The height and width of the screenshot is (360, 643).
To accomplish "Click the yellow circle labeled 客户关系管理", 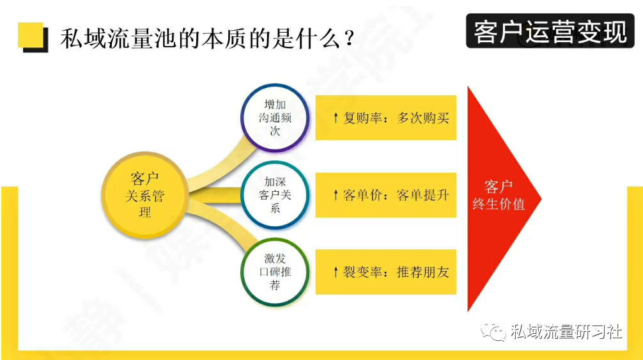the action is pyautogui.click(x=144, y=195).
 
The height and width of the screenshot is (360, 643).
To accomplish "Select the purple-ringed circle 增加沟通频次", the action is pyautogui.click(x=275, y=118).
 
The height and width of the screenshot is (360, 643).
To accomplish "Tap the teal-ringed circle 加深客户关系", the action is pyautogui.click(x=275, y=195).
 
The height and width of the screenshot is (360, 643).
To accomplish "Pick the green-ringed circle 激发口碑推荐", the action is pyautogui.click(x=275, y=272).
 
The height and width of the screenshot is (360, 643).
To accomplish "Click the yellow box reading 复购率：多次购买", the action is pyautogui.click(x=386, y=118).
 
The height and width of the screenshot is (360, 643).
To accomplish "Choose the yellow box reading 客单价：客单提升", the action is pyautogui.click(x=386, y=195).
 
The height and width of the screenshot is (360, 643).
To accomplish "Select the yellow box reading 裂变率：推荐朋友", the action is pyautogui.click(x=386, y=272).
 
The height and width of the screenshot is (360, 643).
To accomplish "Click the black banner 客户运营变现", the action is pyautogui.click(x=550, y=31).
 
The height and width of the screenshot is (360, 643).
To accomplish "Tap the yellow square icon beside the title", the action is pyautogui.click(x=33, y=37).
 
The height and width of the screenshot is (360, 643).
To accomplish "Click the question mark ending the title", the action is pyautogui.click(x=349, y=38).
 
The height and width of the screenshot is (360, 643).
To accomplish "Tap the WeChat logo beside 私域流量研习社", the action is pyautogui.click(x=493, y=331).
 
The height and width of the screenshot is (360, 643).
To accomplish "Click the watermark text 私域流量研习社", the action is pyautogui.click(x=566, y=331).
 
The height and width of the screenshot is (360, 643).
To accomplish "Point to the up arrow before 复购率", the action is pyautogui.click(x=336, y=118).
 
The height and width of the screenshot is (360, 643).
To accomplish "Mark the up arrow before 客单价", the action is pyautogui.click(x=336, y=195).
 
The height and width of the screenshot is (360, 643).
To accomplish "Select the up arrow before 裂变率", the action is pyautogui.click(x=336, y=272).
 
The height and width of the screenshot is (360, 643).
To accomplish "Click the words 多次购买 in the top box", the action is pyautogui.click(x=422, y=118).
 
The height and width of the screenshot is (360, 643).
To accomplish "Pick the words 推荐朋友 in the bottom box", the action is pyautogui.click(x=422, y=272).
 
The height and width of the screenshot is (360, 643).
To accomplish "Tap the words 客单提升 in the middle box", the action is pyautogui.click(x=422, y=195).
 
